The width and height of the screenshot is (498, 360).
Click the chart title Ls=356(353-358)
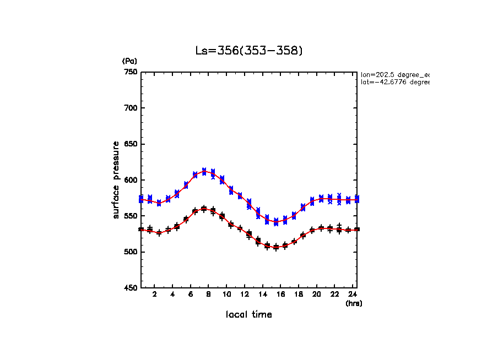(x=249, y=51)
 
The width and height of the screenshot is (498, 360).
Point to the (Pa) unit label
(x=129, y=61)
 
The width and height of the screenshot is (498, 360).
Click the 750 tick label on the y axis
(x=130, y=72)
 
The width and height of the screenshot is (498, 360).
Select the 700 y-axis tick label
(x=130, y=108)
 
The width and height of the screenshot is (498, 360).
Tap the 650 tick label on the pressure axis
(x=130, y=144)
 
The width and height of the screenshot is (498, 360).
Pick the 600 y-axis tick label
(x=130, y=180)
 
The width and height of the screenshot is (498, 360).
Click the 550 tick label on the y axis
(x=130, y=216)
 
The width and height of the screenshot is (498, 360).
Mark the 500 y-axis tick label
(x=130, y=252)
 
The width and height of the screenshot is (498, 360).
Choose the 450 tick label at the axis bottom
(x=130, y=288)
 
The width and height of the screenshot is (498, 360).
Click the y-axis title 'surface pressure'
(x=116, y=180)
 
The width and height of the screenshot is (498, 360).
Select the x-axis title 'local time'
(x=249, y=315)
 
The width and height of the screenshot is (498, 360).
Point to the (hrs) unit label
(x=354, y=303)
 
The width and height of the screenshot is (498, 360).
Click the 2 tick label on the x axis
(x=155, y=294)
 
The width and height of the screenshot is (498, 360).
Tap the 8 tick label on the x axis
(x=209, y=294)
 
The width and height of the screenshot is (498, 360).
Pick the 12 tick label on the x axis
(x=245, y=294)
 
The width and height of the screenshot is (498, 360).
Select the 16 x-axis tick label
(x=280, y=294)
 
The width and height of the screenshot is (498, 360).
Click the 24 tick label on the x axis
(x=353, y=294)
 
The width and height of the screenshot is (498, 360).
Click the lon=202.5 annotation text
(x=394, y=74)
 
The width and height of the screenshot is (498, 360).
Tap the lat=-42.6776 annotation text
(x=394, y=82)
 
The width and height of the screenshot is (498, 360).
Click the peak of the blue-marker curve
(x=204, y=171)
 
